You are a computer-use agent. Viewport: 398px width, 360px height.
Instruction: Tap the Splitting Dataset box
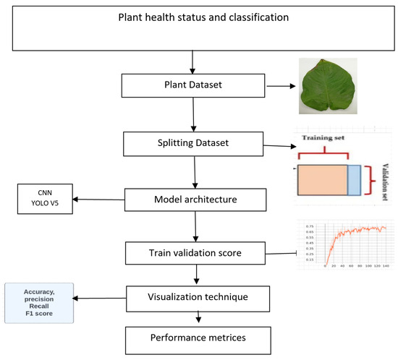[192, 143]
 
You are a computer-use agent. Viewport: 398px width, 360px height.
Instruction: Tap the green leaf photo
[329, 86]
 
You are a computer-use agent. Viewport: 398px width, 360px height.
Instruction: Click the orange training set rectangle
[322, 181]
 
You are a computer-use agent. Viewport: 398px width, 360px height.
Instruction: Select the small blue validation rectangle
[354, 181]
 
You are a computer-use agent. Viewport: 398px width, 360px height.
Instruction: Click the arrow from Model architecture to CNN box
[100, 200]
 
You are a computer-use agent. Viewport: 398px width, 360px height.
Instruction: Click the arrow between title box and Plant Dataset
[192, 62]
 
